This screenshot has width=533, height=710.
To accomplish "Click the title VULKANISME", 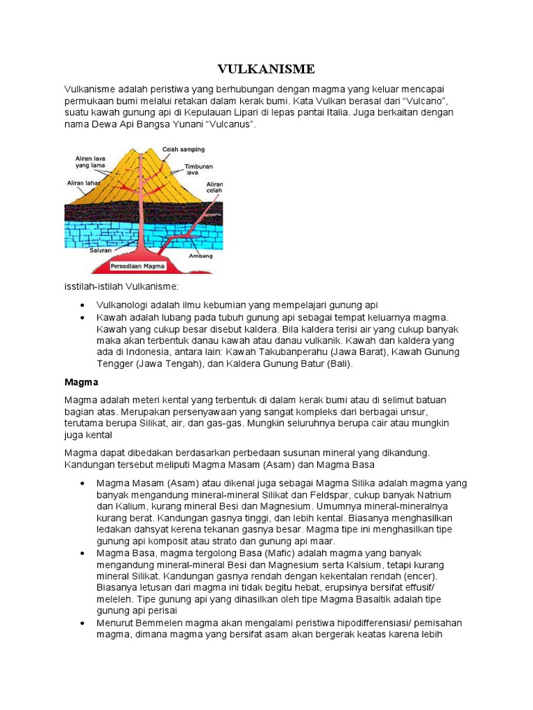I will pyautogui.click(x=266, y=69).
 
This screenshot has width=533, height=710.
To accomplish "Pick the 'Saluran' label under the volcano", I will pyautogui.click(x=101, y=250).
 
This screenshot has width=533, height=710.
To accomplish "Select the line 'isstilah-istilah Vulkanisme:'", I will pyautogui.click(x=121, y=286).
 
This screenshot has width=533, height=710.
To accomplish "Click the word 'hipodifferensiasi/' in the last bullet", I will pyautogui.click(x=366, y=623).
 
